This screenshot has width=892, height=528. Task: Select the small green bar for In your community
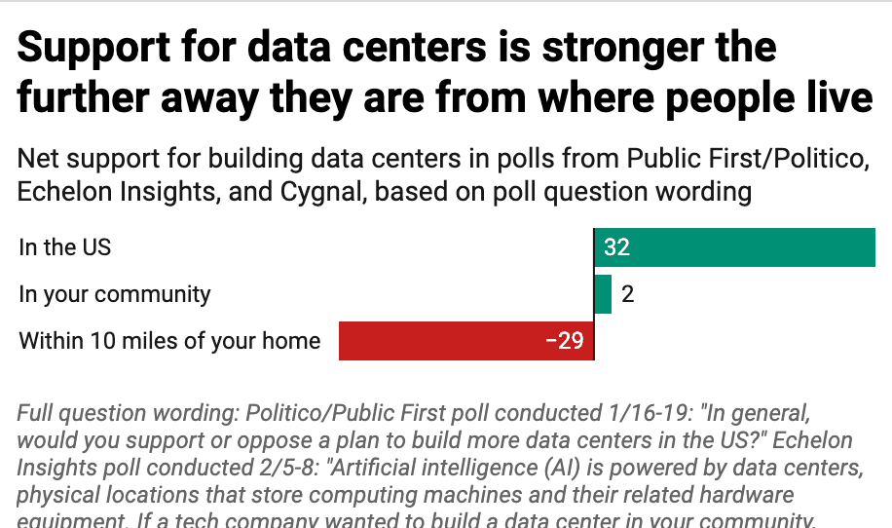tap(603, 294)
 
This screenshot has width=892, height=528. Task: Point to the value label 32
tap(616, 247)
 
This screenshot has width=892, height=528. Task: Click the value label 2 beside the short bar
tap(628, 294)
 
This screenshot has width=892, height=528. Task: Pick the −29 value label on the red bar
tap(565, 341)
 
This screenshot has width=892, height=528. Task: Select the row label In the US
tap(65, 247)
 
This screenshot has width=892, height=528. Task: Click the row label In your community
tap(115, 294)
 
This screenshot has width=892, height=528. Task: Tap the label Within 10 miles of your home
tap(169, 341)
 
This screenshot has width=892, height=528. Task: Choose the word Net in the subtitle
tap(38, 158)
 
